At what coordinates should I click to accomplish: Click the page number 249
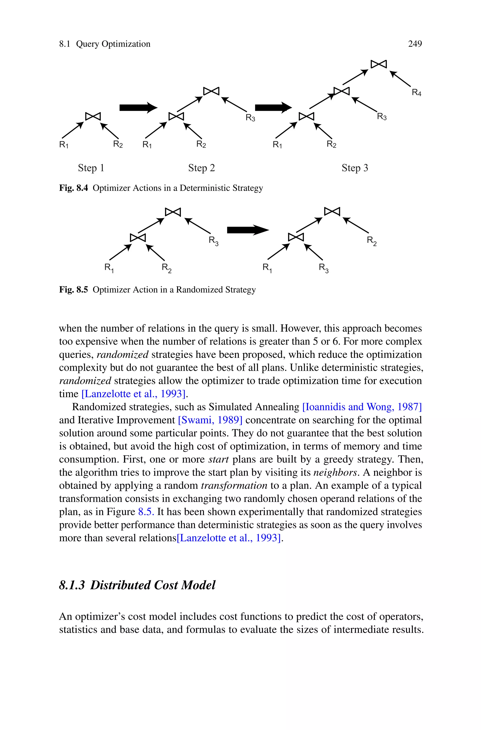tap(415, 44)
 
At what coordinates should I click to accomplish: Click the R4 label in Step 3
tap(416, 92)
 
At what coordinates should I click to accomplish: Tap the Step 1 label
tap(91, 168)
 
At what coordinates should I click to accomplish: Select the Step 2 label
tap(202, 168)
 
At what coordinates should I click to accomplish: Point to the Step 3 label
tap(355, 168)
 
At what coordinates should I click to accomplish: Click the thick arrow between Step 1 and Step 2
tap(138, 108)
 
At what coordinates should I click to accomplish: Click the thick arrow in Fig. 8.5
tap(248, 230)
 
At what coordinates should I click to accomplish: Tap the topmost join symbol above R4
tap(379, 64)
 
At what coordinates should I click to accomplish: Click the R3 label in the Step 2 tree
tap(250, 118)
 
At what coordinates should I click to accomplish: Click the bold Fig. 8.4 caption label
tap(73, 188)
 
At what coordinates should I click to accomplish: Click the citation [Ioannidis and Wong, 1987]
tap(362, 407)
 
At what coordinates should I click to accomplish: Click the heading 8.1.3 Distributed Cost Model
tap(137, 585)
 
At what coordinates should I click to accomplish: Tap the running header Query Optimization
tap(113, 44)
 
